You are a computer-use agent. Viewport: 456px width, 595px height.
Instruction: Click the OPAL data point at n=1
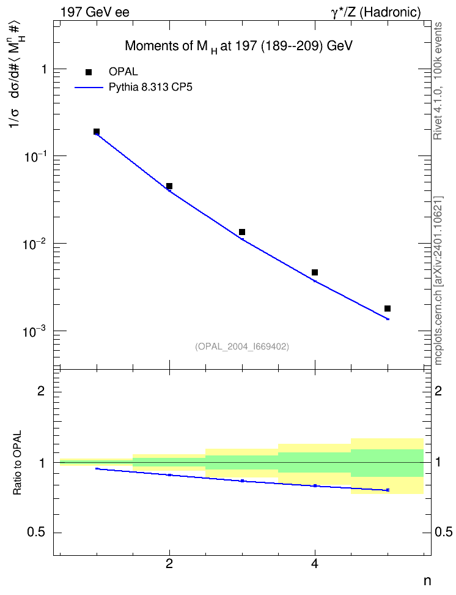pyautogui.click(x=97, y=132)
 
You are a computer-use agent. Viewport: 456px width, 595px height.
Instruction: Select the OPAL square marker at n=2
pyautogui.click(x=169, y=186)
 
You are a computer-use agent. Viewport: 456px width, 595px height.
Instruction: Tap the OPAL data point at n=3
pyautogui.click(x=242, y=232)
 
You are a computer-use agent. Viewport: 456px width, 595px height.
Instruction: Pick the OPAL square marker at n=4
pyautogui.click(x=315, y=272)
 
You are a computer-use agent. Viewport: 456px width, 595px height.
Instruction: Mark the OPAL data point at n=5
pyautogui.click(x=388, y=309)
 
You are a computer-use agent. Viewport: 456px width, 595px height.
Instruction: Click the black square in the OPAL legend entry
pyautogui.click(x=89, y=72)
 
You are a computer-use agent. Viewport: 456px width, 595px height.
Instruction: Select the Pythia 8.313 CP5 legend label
pyautogui.click(x=150, y=88)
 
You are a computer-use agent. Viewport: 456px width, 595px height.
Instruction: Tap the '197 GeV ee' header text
pyautogui.click(x=95, y=12)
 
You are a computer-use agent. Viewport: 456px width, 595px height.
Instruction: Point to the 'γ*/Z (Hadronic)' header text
pyautogui.click(x=376, y=13)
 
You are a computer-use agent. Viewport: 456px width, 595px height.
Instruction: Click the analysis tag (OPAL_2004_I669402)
pyautogui.click(x=242, y=346)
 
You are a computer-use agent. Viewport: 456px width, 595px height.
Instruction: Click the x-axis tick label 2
pyautogui.click(x=169, y=564)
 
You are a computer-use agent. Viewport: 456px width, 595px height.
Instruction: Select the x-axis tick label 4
pyautogui.click(x=315, y=564)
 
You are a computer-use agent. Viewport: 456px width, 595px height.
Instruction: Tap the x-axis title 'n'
pyautogui.click(x=427, y=581)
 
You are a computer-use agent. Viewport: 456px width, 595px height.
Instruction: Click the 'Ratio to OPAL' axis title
pyautogui.click(x=17, y=463)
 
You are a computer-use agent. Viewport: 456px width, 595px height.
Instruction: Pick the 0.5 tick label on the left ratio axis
pyautogui.click(x=37, y=533)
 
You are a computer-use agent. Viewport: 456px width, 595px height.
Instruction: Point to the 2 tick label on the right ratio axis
pyautogui.click(x=438, y=391)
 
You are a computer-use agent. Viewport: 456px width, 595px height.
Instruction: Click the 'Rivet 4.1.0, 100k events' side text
pyautogui.click(x=438, y=81)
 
